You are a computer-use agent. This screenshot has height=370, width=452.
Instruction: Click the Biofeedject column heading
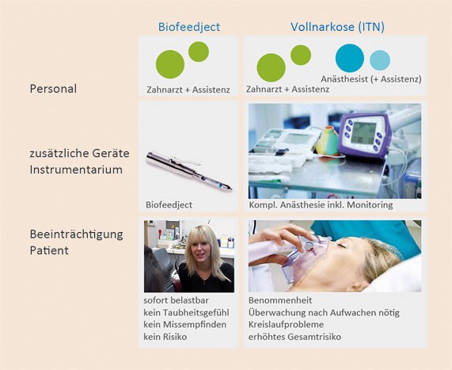click(x=189, y=27)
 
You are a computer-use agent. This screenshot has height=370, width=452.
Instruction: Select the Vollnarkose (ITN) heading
click(x=337, y=27)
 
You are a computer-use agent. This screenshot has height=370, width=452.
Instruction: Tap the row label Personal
click(x=53, y=89)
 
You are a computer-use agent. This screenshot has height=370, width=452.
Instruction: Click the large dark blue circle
click(x=350, y=58)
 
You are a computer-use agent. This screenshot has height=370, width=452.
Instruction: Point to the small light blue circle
click(x=380, y=60)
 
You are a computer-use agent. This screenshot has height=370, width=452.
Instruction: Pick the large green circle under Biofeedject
click(x=170, y=64)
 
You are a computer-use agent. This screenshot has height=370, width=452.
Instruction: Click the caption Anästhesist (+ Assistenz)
click(x=371, y=78)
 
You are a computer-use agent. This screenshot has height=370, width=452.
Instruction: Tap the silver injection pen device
click(x=189, y=170)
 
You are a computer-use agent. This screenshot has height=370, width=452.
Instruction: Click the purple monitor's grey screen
click(x=363, y=133)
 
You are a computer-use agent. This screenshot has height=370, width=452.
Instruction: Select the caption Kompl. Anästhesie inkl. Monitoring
click(x=321, y=205)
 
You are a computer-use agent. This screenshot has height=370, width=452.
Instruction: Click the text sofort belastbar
click(x=177, y=300)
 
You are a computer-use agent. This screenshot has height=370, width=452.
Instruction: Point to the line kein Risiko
click(x=165, y=337)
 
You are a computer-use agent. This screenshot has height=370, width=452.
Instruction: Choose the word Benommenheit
click(x=280, y=300)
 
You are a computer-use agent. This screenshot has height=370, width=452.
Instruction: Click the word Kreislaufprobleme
click(x=286, y=324)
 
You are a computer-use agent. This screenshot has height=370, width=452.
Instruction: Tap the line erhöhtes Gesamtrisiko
click(x=294, y=337)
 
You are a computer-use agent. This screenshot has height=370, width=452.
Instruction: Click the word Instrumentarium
click(x=76, y=170)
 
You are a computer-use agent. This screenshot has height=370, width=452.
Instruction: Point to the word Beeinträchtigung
click(x=77, y=235)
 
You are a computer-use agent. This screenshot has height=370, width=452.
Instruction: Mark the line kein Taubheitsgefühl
click(x=186, y=313)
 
